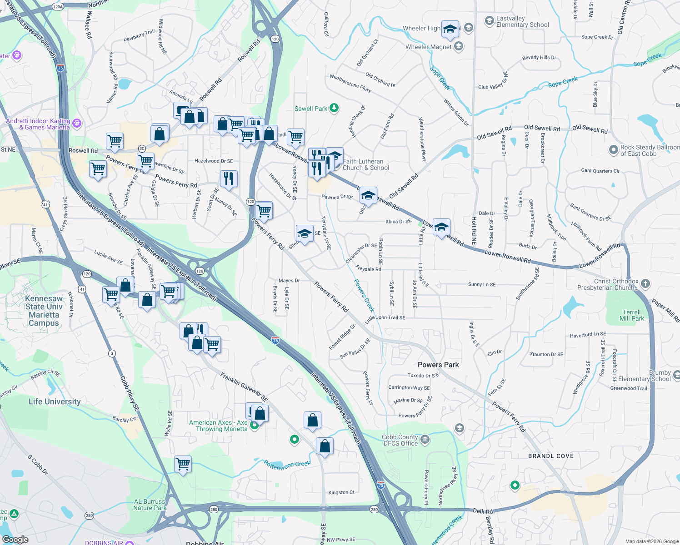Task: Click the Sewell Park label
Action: coord(311,109)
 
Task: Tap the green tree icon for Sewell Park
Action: coord(334,108)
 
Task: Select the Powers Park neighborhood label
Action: coord(438,365)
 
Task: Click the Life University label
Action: coord(55,401)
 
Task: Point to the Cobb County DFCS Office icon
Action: coord(425,439)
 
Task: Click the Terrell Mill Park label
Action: coord(632,315)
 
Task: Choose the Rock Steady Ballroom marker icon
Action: coord(614,149)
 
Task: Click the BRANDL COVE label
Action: coord(551,456)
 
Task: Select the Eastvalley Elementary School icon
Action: coord(489,20)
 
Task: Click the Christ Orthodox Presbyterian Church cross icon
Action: coord(645,284)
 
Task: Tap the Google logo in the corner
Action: coord(15,540)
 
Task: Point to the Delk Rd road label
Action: coord(483,511)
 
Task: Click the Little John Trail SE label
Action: coord(385,318)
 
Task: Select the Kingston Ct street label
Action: coord(341,492)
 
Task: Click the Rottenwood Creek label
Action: coord(287,464)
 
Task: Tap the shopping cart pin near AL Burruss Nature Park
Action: coord(183,464)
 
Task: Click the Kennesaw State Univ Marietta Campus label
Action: coord(44,311)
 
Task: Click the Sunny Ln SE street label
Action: coord(482,284)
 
